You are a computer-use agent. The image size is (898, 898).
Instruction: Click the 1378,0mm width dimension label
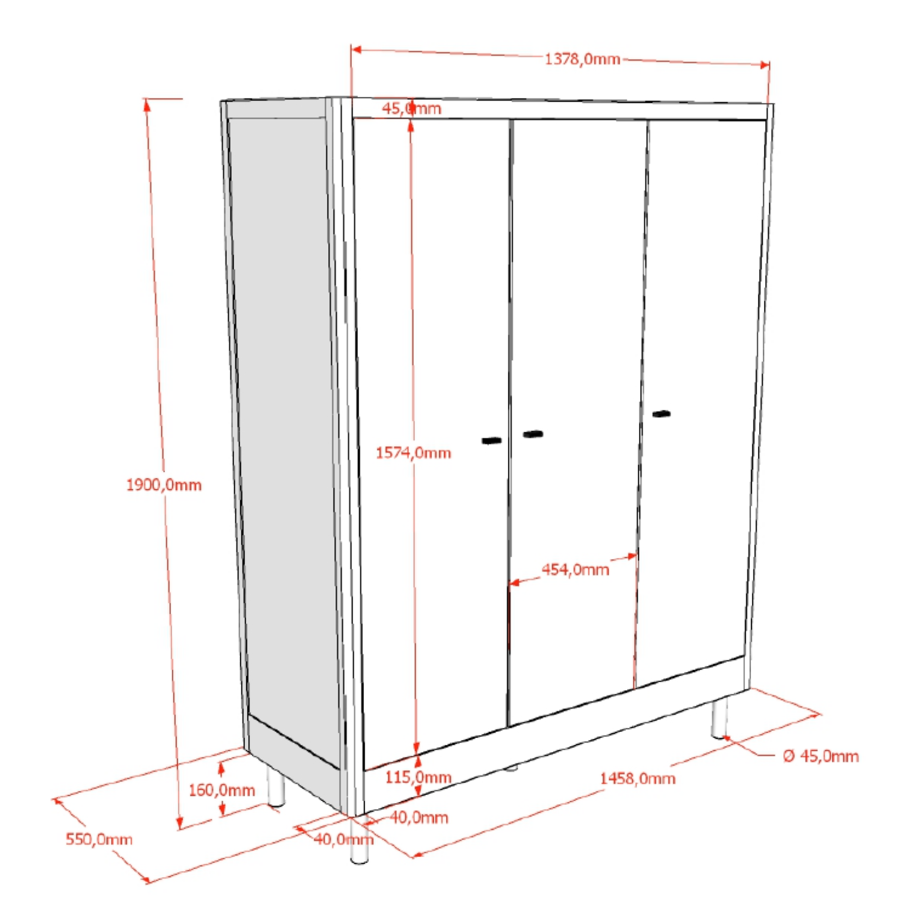pyautogui.click(x=582, y=59)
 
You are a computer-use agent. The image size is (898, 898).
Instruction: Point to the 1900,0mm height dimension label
pyautogui.click(x=164, y=485)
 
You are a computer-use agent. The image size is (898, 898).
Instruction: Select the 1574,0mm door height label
pyautogui.click(x=413, y=452)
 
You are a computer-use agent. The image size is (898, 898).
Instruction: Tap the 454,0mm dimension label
pyautogui.click(x=575, y=570)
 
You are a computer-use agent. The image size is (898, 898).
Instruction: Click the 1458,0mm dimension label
pyautogui.click(x=638, y=778)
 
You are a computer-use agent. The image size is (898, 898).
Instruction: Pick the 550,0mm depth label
pyautogui.click(x=99, y=839)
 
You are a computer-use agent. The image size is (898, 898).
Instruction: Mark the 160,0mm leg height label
pyautogui.click(x=222, y=790)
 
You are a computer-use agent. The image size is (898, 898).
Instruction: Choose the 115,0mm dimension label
pyautogui.click(x=419, y=777)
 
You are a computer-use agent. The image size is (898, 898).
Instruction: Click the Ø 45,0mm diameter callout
pyautogui.click(x=821, y=756)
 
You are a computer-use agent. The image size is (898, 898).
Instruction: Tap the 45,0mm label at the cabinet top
pyautogui.click(x=411, y=108)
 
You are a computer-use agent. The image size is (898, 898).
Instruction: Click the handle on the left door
pyautogui.click(x=491, y=440)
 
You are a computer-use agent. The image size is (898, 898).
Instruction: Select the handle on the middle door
pyautogui.click(x=533, y=434)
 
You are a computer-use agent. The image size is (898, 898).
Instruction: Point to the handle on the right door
pyautogui.click(x=661, y=414)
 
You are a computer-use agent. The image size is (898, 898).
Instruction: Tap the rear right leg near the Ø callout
pyautogui.click(x=719, y=719)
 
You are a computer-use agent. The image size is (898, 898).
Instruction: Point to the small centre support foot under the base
pyautogui.click(x=511, y=768)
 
